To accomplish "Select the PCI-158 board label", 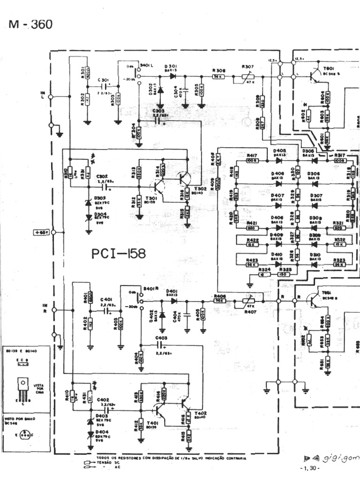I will click(x=119, y=254).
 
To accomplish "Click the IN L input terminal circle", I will click(x=52, y=97).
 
